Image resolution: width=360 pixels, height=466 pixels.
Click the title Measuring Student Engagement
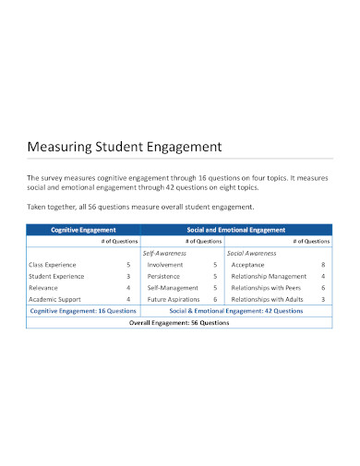pos(125,146)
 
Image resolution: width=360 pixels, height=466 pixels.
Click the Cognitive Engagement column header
pos(82,229)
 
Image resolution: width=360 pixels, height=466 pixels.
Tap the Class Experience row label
pos(54,264)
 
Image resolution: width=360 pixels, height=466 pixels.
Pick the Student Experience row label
pos(57,275)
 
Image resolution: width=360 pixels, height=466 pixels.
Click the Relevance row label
pos(44,287)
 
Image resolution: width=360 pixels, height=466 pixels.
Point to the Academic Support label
pos(55,299)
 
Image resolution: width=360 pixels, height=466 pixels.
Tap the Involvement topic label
pos(165,264)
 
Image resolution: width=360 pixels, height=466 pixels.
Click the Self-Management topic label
pos(172,287)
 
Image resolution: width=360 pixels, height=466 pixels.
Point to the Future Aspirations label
pos(174,299)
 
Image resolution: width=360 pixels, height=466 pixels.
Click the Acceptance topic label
pos(248,264)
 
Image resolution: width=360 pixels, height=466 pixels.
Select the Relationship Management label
pos(269,275)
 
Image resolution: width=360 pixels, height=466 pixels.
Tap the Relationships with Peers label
pos(268,287)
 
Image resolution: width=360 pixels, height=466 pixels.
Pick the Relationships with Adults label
pos(269,299)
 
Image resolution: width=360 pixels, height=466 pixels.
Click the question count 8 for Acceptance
pos(323,264)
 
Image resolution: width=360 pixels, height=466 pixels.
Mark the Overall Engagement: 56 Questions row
pos(179,323)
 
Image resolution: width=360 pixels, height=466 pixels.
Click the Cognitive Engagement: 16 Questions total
pos(83,311)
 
